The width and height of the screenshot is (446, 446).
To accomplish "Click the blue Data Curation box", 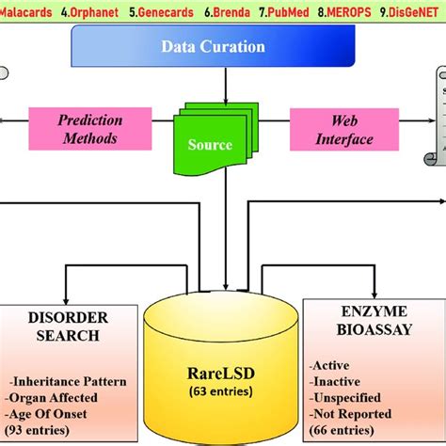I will pos(213,46).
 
